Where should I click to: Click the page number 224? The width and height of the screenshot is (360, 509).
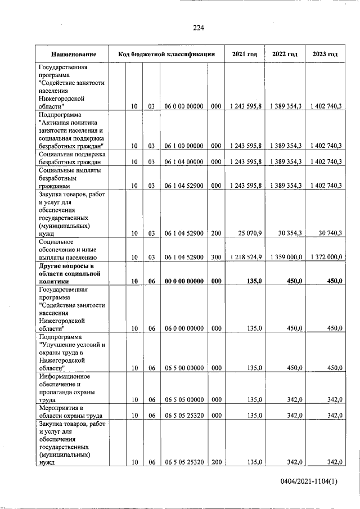coord(198,28)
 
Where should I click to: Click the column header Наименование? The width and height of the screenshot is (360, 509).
coord(73,55)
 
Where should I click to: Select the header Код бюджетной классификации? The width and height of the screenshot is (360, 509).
coord(166,55)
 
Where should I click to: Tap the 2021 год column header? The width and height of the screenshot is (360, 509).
coord(245,55)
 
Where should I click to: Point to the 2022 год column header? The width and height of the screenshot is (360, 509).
coord(285,55)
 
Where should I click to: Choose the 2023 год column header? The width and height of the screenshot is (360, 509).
coord(325,55)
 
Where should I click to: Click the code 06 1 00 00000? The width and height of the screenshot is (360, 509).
coord(184,146)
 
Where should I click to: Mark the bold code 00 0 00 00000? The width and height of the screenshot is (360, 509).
coord(184,281)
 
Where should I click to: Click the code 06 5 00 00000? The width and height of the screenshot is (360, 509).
coord(184,368)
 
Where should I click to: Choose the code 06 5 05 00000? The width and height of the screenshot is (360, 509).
coord(184,400)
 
